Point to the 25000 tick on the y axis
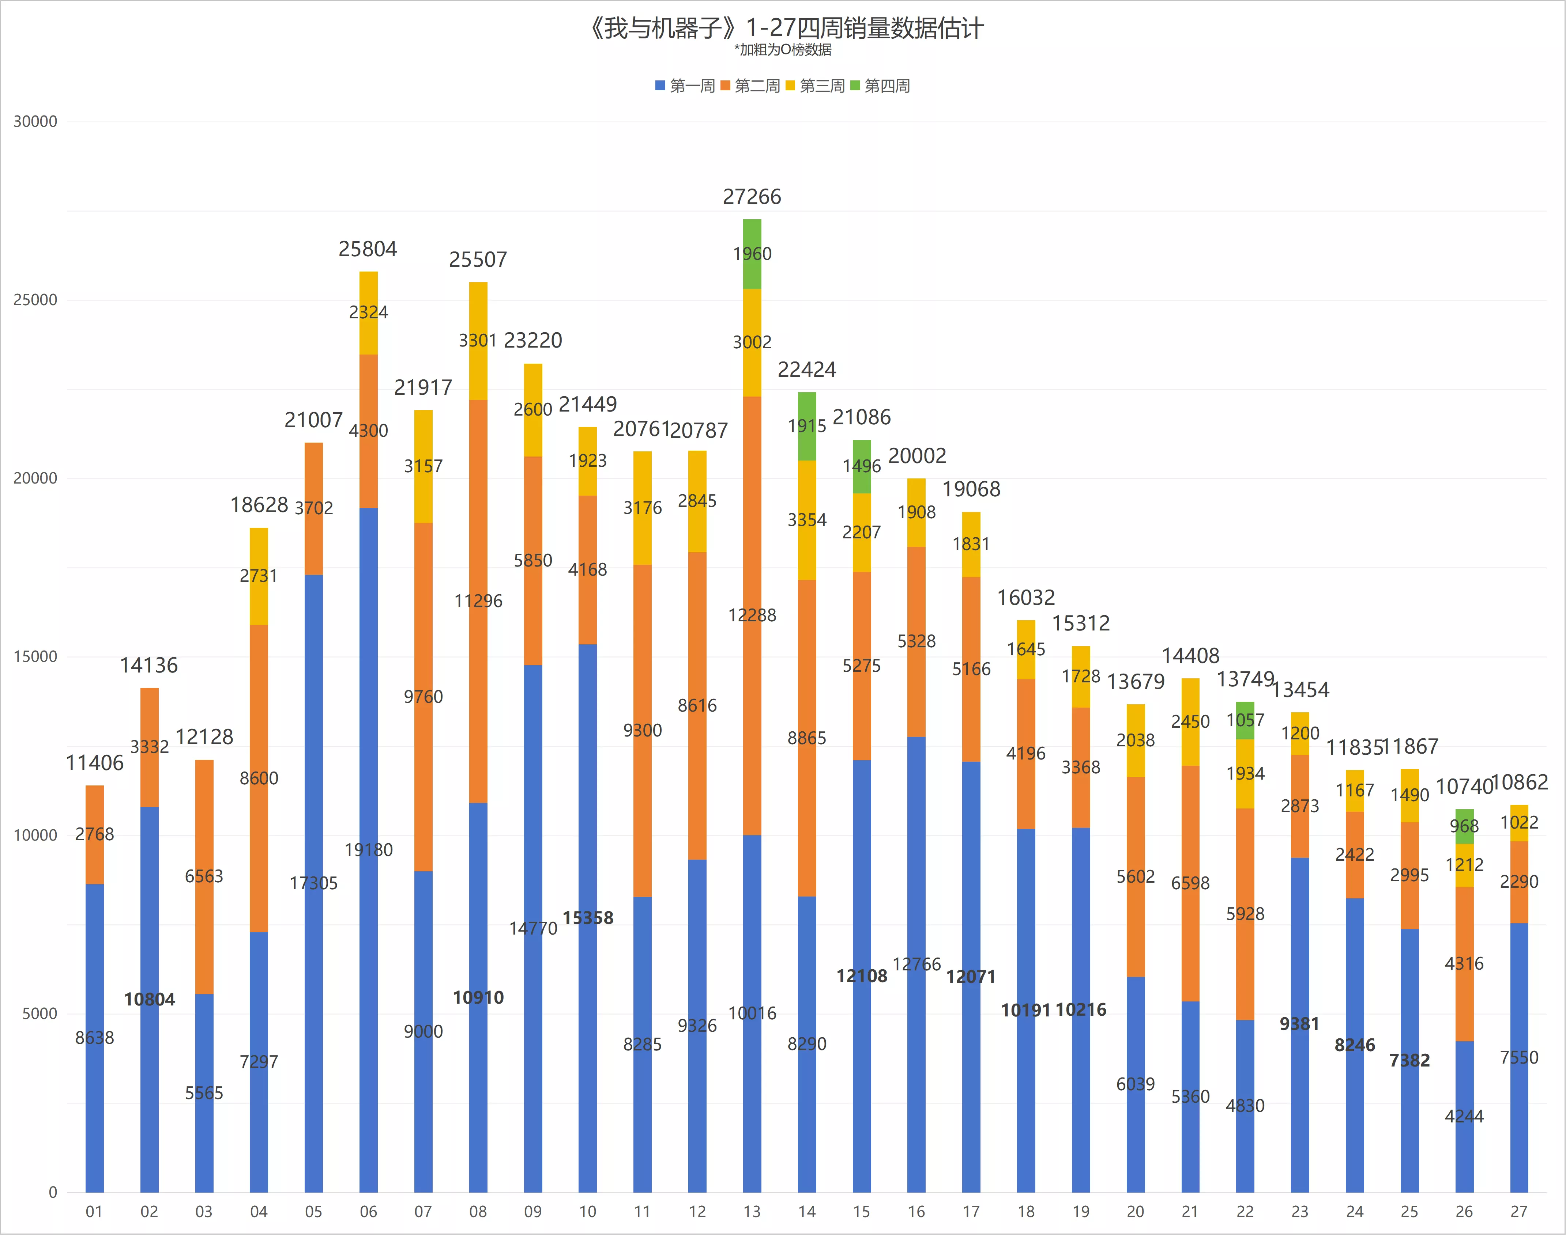[35, 300]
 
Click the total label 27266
[752, 197]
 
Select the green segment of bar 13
[752, 254]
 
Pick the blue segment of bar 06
[368, 851]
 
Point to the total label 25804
[368, 250]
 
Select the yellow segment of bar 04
[259, 576]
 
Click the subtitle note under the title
[783, 50]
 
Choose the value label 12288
[752, 615]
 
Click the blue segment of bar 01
[95, 1038]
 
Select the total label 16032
[1027, 598]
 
